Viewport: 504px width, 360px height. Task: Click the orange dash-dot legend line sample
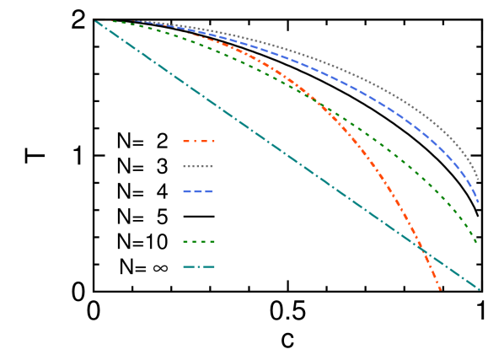click(199, 141)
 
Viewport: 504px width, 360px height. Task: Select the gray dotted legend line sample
click(198, 166)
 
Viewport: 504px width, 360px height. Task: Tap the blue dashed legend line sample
click(198, 191)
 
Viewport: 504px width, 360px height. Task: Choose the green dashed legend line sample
click(199, 242)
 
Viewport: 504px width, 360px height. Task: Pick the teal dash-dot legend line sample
click(199, 267)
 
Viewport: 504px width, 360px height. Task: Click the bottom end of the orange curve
click(440, 290)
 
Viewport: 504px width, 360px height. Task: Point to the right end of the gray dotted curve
click(479, 180)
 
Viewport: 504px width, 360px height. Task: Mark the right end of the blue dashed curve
click(479, 203)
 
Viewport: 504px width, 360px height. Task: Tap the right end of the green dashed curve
click(478, 244)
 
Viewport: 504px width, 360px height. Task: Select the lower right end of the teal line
click(479, 289)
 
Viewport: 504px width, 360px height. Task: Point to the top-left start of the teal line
click(94, 19)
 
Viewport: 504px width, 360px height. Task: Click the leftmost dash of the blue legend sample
click(187, 191)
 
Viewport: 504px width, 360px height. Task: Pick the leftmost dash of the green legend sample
click(185, 242)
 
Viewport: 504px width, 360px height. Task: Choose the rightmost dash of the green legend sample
click(212, 242)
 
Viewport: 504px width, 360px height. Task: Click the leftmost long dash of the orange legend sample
click(186, 141)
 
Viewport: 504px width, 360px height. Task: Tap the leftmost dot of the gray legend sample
click(184, 166)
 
